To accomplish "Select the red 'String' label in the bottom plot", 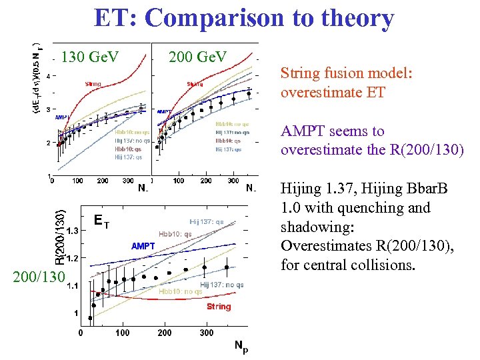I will (x=219, y=307).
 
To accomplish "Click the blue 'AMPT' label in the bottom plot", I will (x=143, y=246).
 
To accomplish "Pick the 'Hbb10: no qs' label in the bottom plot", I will (x=180, y=291).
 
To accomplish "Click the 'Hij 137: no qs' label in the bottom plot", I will (x=221, y=285).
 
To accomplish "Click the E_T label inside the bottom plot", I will (x=101, y=219).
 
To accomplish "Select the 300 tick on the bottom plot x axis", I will (x=207, y=333).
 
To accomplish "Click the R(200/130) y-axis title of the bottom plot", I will (x=61, y=237).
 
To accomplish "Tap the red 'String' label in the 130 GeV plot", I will (x=93, y=84).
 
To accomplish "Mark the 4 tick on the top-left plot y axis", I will (x=47, y=75).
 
